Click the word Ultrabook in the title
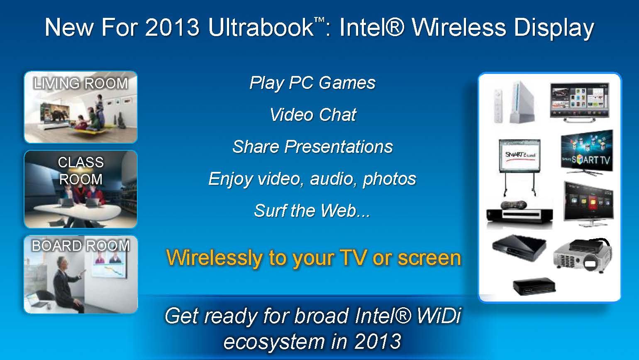click(x=261, y=27)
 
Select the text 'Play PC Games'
click(x=312, y=83)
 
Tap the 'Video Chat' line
click(x=313, y=115)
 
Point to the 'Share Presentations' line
click(x=313, y=147)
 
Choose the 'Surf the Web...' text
click(x=312, y=211)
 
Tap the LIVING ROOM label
click(x=80, y=83)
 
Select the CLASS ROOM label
click(x=81, y=171)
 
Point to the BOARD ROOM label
click(x=81, y=246)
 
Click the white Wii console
click(x=522, y=102)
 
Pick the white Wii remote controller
click(x=498, y=106)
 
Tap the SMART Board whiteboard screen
click(x=519, y=156)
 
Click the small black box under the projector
click(x=534, y=287)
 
